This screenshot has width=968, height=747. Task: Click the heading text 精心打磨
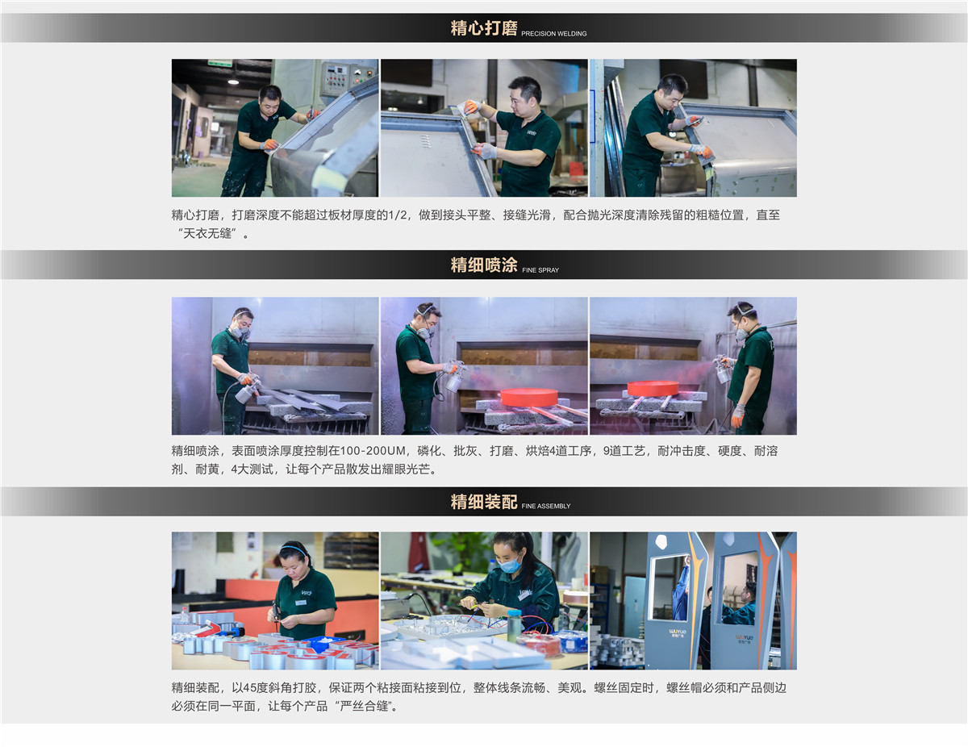coord(484,28)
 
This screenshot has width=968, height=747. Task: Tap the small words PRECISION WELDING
coord(553,33)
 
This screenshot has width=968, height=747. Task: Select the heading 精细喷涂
coord(484,265)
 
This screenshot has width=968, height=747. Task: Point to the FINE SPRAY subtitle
coord(540,270)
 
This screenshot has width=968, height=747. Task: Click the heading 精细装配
coord(484,502)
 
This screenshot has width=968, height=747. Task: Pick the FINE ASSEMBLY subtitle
coord(545,506)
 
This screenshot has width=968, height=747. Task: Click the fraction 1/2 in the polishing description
coord(398,215)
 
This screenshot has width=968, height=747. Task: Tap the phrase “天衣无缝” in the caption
coord(207,233)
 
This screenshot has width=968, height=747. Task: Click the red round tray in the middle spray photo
coord(528,396)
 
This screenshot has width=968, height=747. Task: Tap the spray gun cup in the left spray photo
coord(244,394)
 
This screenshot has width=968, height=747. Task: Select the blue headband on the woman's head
coord(294,549)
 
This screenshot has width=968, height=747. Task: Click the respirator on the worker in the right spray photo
coord(741,334)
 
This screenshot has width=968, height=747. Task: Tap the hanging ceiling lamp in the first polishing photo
coord(233,81)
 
